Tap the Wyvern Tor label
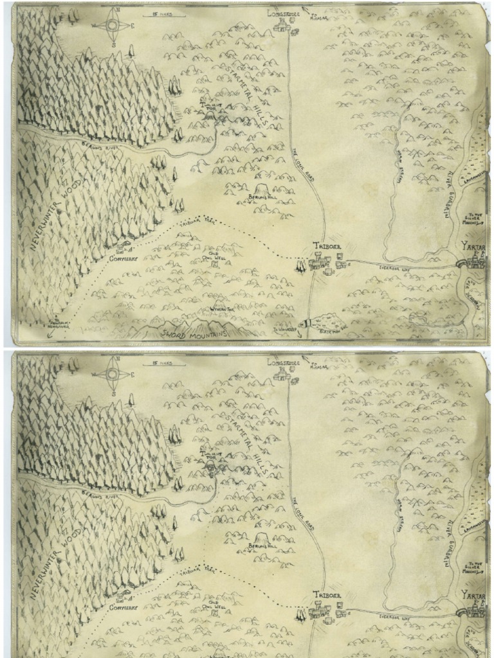(x=221, y=308)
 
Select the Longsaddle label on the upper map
(x=283, y=12)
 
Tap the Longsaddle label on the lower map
(x=283, y=362)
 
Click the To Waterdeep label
(x=284, y=329)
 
